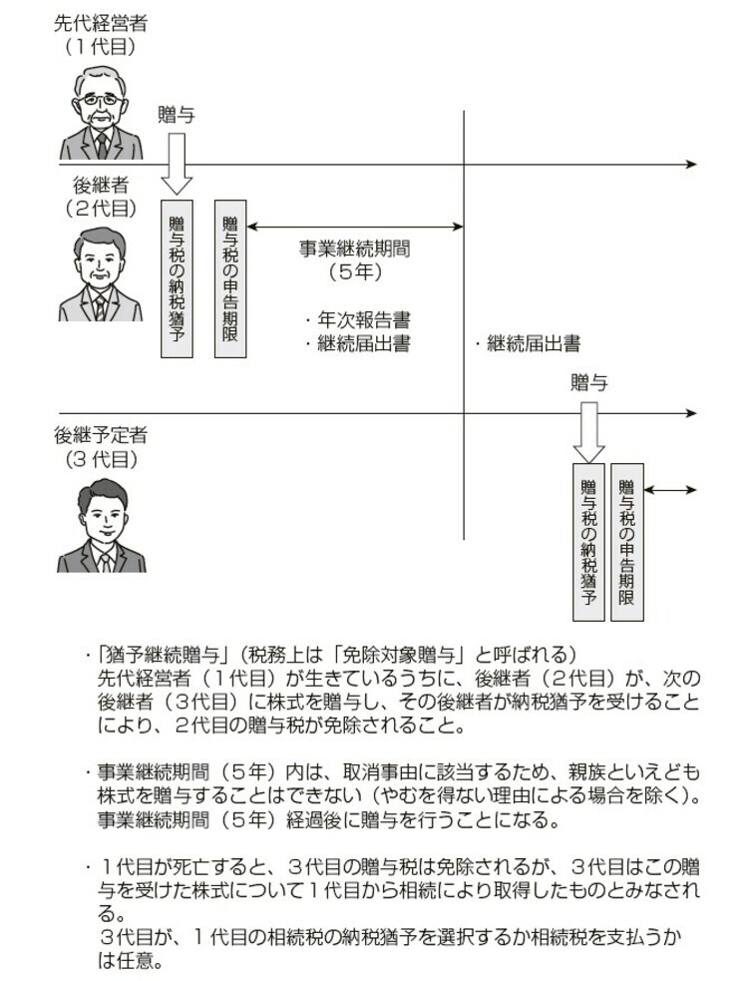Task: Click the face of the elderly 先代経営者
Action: tap(100, 110)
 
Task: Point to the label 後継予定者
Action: tap(101, 435)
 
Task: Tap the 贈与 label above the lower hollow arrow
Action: tap(588, 383)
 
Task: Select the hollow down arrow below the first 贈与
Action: tap(177, 162)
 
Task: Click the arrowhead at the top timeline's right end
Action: tap(691, 163)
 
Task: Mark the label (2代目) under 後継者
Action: tap(100, 208)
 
